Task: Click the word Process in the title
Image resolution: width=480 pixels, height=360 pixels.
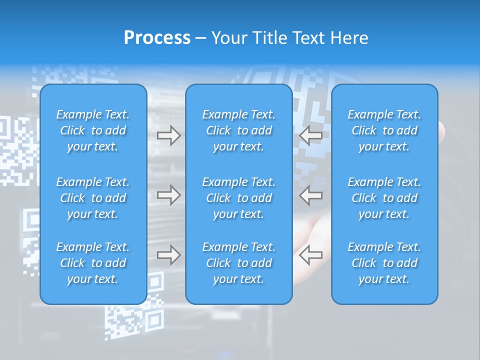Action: click(x=157, y=38)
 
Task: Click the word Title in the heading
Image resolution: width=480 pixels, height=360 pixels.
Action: click(x=270, y=38)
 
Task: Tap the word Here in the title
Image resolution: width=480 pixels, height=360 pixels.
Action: click(x=349, y=38)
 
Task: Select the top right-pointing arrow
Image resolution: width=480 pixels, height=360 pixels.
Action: click(x=168, y=135)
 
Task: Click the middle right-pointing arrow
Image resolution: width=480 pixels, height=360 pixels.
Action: click(x=168, y=195)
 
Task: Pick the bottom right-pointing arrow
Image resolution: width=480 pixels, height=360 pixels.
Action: click(x=168, y=255)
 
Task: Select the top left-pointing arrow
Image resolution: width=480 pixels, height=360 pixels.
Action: click(x=311, y=135)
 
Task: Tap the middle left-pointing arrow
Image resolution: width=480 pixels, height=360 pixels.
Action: click(x=311, y=195)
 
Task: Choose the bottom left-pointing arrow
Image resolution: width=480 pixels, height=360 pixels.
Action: click(x=311, y=255)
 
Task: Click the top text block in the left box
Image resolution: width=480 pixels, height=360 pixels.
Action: click(x=93, y=130)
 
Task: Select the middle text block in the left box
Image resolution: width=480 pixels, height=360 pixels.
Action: click(x=93, y=198)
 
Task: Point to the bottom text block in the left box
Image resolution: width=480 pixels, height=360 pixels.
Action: click(x=93, y=263)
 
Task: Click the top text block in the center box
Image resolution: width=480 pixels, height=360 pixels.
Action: click(x=238, y=130)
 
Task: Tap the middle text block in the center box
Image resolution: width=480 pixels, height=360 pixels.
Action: click(x=238, y=198)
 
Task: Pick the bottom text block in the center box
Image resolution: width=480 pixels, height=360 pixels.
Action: click(x=238, y=263)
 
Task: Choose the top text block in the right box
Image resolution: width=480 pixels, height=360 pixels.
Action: click(x=384, y=130)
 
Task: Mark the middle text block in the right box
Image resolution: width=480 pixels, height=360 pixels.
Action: click(x=384, y=198)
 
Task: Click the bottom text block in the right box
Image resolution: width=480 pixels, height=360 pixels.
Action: click(x=384, y=263)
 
